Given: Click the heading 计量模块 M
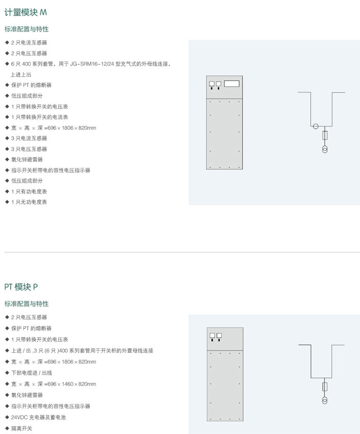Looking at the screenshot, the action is coord(26,13).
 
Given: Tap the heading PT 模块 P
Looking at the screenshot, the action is coord(21,287).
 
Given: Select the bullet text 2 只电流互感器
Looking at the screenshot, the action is coord(29,43).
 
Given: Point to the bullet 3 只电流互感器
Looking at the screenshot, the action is coord(29,138).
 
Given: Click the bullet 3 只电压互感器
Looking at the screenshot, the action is coord(29,149).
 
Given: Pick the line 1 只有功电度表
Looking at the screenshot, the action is coord(29,192).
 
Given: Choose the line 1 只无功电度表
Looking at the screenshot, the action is coord(29,202).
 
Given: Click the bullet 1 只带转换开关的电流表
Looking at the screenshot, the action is coord(40,117).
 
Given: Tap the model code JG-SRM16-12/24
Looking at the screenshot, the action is coord(92,64).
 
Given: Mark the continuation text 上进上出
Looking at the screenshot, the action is coord(21,75).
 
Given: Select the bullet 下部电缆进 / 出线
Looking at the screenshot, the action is coord(31,373).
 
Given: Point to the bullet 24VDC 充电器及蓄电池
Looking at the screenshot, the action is coord(39,417).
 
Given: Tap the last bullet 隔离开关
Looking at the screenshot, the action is coord(22,429).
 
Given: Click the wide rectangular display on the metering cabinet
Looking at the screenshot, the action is coord(232,84).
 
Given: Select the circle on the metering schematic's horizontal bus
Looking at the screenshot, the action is coord(316,126).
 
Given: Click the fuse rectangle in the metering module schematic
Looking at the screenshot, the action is coord(325,135).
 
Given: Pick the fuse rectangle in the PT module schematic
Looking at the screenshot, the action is coord(325,387).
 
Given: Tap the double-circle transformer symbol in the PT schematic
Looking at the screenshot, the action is coord(325,401).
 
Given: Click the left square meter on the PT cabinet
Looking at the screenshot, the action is coord(212,336).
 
